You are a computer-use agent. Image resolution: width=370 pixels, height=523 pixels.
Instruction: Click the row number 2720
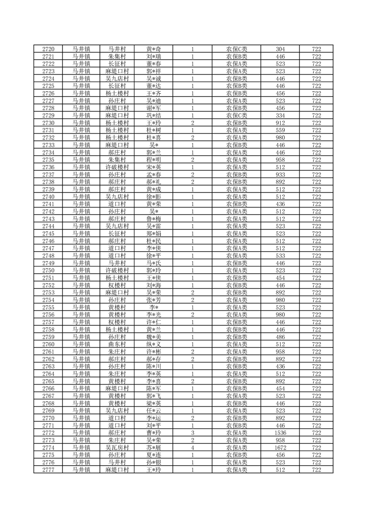coord(48,49)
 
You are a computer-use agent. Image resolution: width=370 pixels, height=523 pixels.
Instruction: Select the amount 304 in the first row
coord(280,49)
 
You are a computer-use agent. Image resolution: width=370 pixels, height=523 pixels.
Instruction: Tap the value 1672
coord(280,447)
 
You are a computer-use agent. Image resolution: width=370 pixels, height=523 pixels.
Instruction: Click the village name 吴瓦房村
coord(117,447)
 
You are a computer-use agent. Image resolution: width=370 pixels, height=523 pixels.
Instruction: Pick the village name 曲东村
coord(117,344)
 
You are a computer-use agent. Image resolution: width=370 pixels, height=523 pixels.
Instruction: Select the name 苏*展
coord(154,447)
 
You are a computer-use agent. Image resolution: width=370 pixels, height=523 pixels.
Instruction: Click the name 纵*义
coord(154,344)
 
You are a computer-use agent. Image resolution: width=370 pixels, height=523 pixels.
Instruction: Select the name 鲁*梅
coord(154,219)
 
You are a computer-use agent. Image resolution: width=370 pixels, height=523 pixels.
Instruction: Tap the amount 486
coord(280,337)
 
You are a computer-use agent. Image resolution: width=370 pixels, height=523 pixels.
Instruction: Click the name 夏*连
coord(154,454)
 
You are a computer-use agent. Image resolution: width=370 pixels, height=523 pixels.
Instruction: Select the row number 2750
coord(48,270)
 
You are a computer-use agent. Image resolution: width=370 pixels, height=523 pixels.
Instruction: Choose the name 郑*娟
coord(154,233)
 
